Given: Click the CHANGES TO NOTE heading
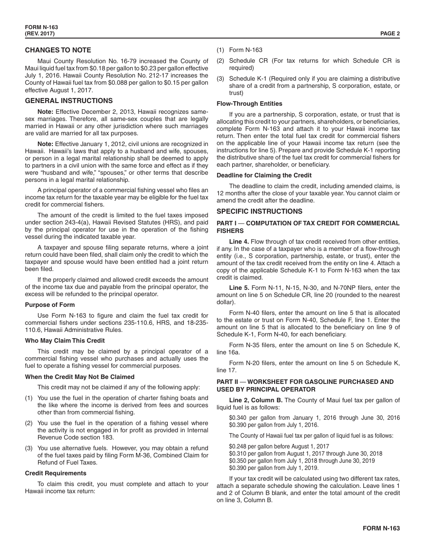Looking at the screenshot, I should (58, 50).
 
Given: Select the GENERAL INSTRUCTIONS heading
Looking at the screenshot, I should (68, 101).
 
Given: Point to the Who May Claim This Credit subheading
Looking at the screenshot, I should (65, 340).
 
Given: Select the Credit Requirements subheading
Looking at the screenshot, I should (55, 473).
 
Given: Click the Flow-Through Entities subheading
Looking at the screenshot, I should (249, 103).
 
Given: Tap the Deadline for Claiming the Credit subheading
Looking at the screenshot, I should (264, 175).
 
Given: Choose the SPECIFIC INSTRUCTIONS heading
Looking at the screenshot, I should (259, 211).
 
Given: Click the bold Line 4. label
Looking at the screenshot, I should (239, 242).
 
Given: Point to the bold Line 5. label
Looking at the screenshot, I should (239, 288).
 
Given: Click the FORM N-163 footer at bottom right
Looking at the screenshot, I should (381, 528).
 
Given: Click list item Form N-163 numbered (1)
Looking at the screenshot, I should (246, 50).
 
